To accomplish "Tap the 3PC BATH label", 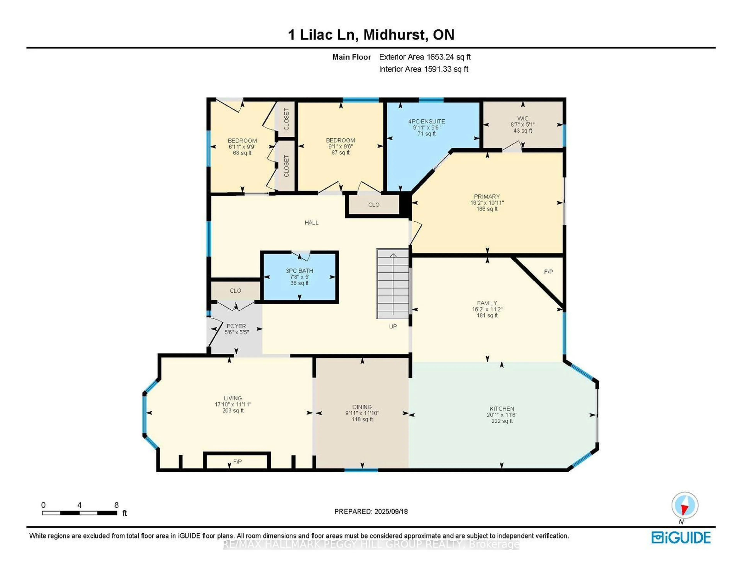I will click(299, 271).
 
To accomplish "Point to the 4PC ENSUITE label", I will click(426, 121).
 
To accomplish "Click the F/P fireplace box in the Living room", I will click(237, 462).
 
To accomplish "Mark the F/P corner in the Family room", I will click(548, 272).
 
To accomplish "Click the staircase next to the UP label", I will click(392, 284).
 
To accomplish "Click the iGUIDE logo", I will click(681, 537).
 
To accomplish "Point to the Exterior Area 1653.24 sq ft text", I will click(425, 57).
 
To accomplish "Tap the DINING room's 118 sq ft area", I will click(362, 419).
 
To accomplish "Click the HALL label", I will click(311, 223).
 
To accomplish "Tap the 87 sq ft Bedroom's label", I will click(340, 140).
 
